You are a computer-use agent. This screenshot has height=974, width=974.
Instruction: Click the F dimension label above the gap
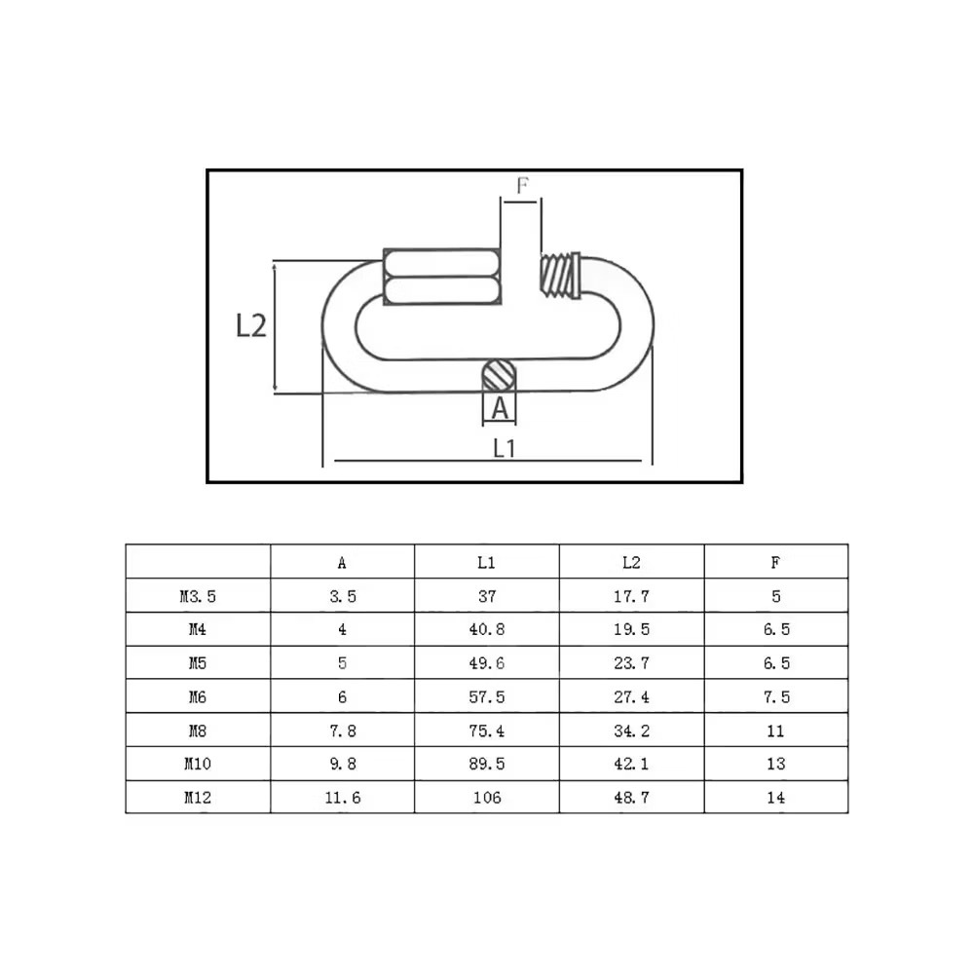tap(522, 185)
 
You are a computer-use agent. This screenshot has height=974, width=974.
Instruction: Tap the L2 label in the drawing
tap(251, 325)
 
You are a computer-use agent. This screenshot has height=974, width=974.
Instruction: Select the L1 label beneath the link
tap(504, 448)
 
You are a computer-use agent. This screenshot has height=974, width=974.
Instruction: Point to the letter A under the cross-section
tap(500, 408)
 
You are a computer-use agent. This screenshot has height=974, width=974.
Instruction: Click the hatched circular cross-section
tap(499, 375)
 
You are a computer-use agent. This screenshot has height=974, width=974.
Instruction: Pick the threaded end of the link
tap(560, 276)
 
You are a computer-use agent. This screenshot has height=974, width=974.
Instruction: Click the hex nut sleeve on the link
tap(441, 277)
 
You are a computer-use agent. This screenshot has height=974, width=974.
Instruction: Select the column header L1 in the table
tap(486, 563)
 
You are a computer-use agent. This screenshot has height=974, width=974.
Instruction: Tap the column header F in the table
tap(775, 563)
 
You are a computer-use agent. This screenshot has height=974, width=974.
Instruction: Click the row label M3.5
tap(198, 596)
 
